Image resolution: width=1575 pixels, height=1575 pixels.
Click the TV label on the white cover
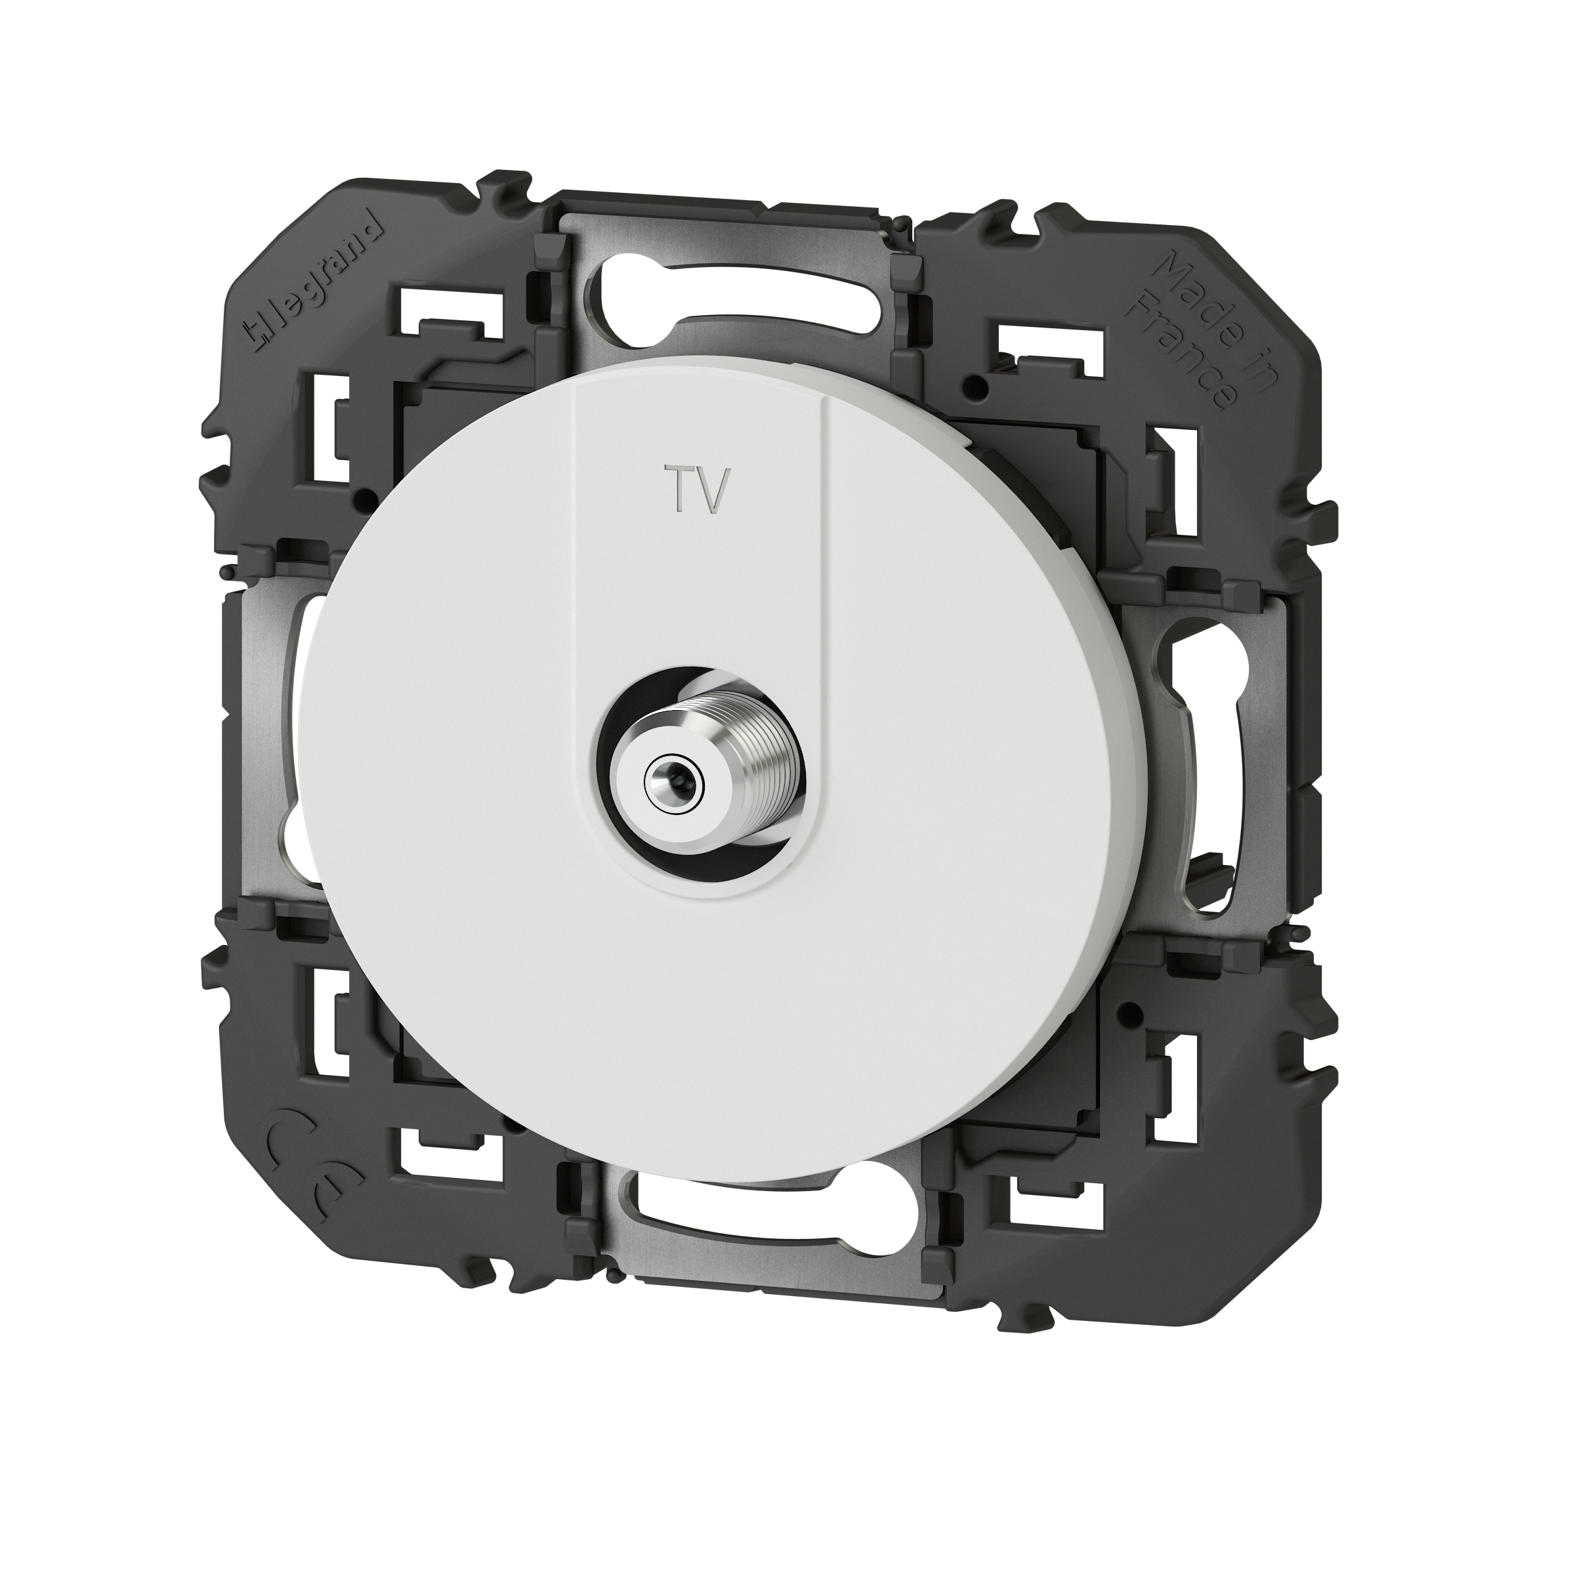coord(691,490)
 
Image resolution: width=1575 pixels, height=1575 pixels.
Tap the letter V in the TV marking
coord(706,490)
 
